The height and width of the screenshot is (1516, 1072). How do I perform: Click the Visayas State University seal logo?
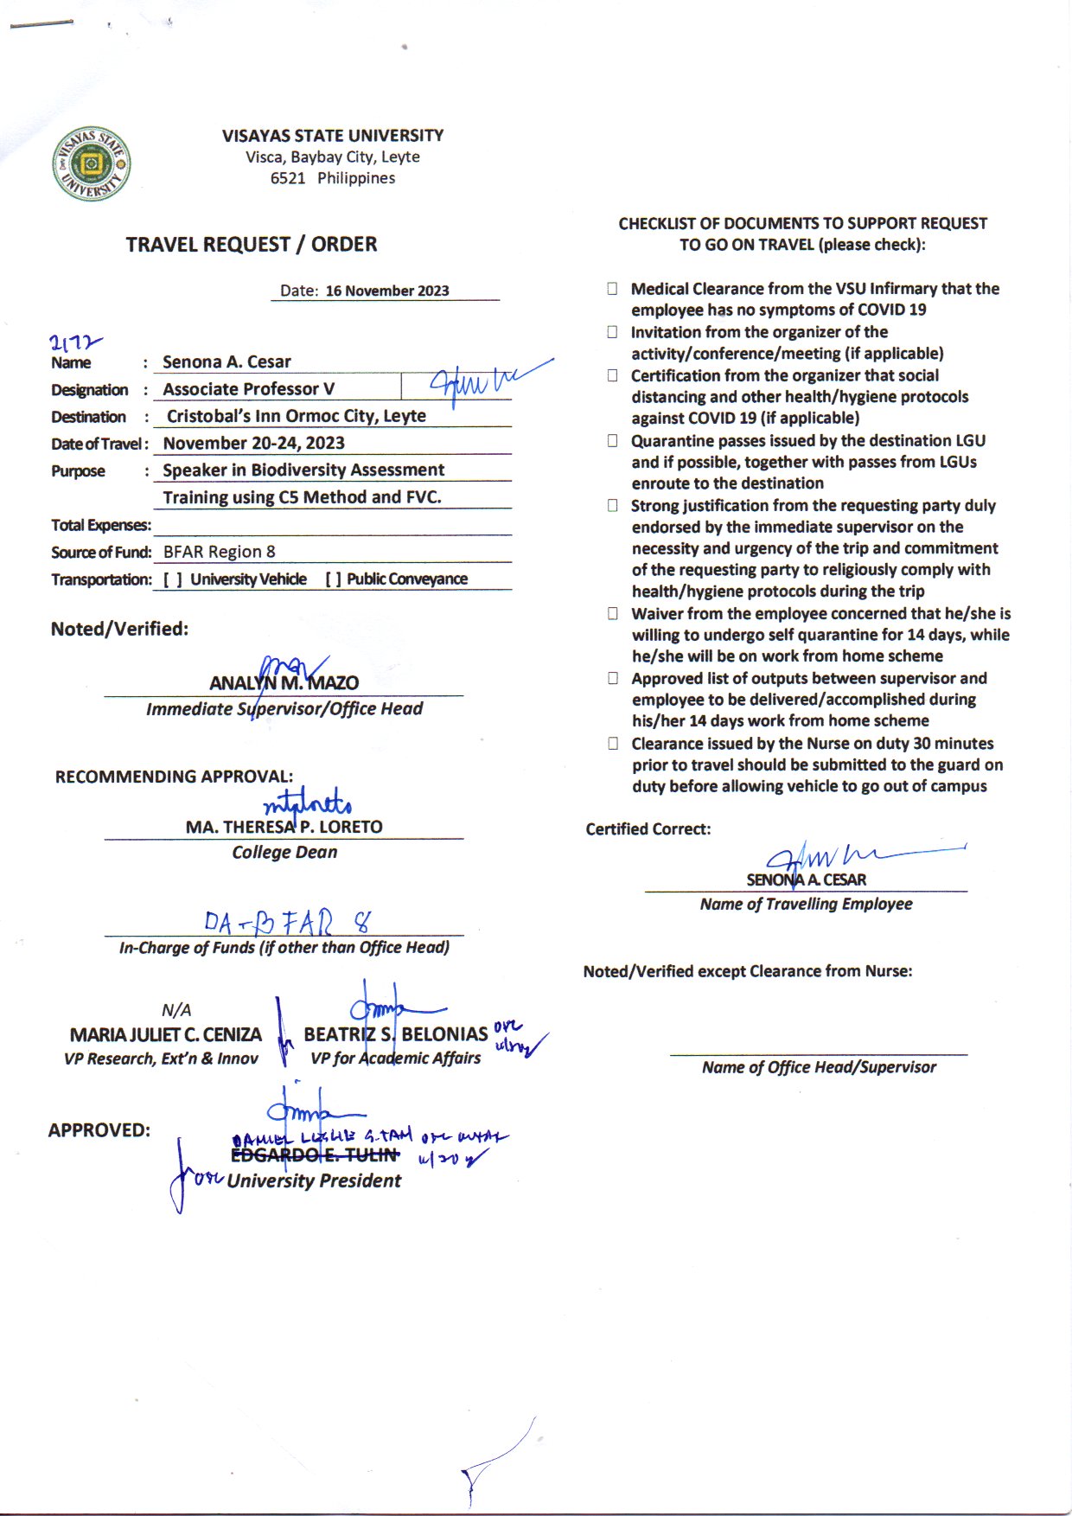[x=92, y=164]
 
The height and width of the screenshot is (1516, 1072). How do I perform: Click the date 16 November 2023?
[x=386, y=291]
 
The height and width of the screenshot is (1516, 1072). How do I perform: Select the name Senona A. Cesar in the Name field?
[x=227, y=361]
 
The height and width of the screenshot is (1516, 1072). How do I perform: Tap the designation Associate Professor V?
[x=248, y=389]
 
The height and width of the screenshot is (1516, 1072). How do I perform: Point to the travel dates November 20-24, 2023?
[x=253, y=443]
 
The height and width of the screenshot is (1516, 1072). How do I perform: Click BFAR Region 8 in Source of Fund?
[x=219, y=552]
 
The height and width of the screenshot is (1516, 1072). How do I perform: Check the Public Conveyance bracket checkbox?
[x=333, y=579]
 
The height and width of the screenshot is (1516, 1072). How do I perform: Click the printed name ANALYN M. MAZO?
[x=284, y=683]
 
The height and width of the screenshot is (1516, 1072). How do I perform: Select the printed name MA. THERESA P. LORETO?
[x=284, y=827]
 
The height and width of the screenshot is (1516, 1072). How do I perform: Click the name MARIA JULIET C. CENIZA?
[x=165, y=1034]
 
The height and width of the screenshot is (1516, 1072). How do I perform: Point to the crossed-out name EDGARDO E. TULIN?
[x=315, y=1155]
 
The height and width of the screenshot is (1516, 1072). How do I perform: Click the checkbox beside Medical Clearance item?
[x=612, y=289]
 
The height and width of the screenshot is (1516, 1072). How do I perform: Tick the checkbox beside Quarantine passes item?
[x=612, y=441]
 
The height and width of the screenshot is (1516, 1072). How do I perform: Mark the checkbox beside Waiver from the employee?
[x=612, y=614]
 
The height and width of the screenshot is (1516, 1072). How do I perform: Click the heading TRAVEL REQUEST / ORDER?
[x=251, y=245]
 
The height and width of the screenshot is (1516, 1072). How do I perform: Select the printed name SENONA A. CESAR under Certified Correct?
[x=806, y=880]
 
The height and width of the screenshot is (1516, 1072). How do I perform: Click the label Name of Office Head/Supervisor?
[x=819, y=1067]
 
